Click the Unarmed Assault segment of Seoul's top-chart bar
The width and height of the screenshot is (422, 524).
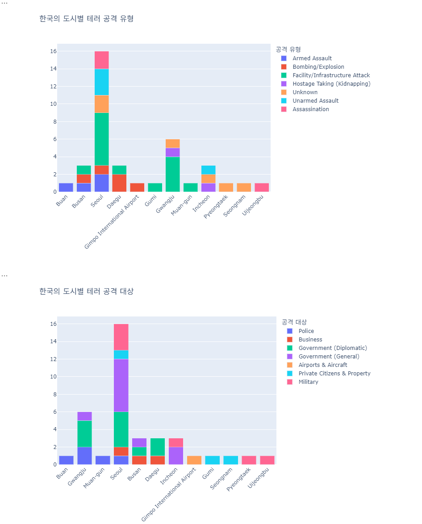point(101,82)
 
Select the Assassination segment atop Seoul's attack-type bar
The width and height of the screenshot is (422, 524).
point(101,60)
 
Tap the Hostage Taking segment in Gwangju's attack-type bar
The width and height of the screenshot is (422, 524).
point(172,152)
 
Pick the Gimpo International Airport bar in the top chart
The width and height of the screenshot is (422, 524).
point(137,187)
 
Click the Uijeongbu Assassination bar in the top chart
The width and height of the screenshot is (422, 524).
point(262,187)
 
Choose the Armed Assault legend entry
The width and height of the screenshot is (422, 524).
point(312,58)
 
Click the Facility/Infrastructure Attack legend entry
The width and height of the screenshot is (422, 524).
point(331,75)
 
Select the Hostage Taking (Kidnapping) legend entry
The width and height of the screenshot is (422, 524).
point(331,84)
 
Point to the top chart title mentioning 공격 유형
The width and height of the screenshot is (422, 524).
point(86,19)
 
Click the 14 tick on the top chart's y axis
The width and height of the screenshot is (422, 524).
point(53,69)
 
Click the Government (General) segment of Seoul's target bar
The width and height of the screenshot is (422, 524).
point(121,385)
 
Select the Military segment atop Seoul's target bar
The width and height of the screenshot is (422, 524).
point(121,337)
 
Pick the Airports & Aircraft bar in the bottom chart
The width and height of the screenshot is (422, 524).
point(194,460)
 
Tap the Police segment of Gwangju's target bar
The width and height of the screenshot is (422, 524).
point(84,456)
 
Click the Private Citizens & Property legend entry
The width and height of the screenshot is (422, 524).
point(334,374)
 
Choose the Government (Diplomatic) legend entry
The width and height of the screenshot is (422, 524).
point(332,348)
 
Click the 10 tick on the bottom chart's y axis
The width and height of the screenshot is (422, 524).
point(53,377)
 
